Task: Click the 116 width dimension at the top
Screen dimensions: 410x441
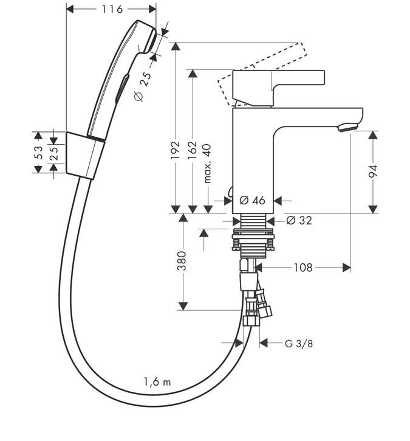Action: pyautogui.click(x=112, y=9)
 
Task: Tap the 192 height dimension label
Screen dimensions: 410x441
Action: pyautogui.click(x=175, y=150)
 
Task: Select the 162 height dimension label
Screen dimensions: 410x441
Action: pyautogui.click(x=193, y=150)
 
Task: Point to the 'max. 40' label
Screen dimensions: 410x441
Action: pyautogui.click(x=207, y=164)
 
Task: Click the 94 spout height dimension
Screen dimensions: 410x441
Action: pyautogui.click(x=373, y=172)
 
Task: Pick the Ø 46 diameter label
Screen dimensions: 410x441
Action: pyautogui.click(x=252, y=200)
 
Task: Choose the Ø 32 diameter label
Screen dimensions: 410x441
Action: pyautogui.click(x=299, y=220)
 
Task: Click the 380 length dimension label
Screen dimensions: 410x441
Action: pyautogui.click(x=182, y=261)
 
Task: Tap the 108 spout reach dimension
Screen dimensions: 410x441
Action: pyautogui.click(x=303, y=268)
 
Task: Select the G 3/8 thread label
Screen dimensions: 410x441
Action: pyautogui.click(x=298, y=344)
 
